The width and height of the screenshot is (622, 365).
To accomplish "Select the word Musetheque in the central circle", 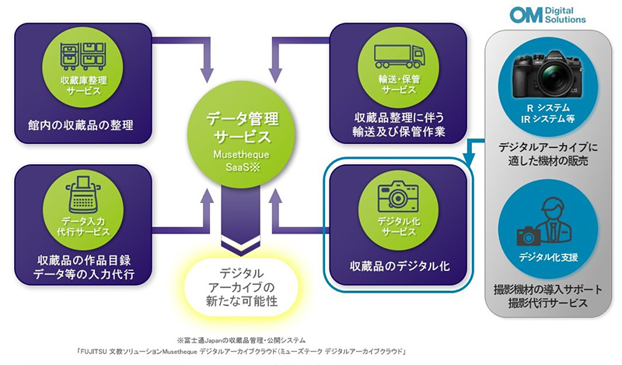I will point(241,156).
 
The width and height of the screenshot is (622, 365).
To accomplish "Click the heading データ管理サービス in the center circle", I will point(241,128).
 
